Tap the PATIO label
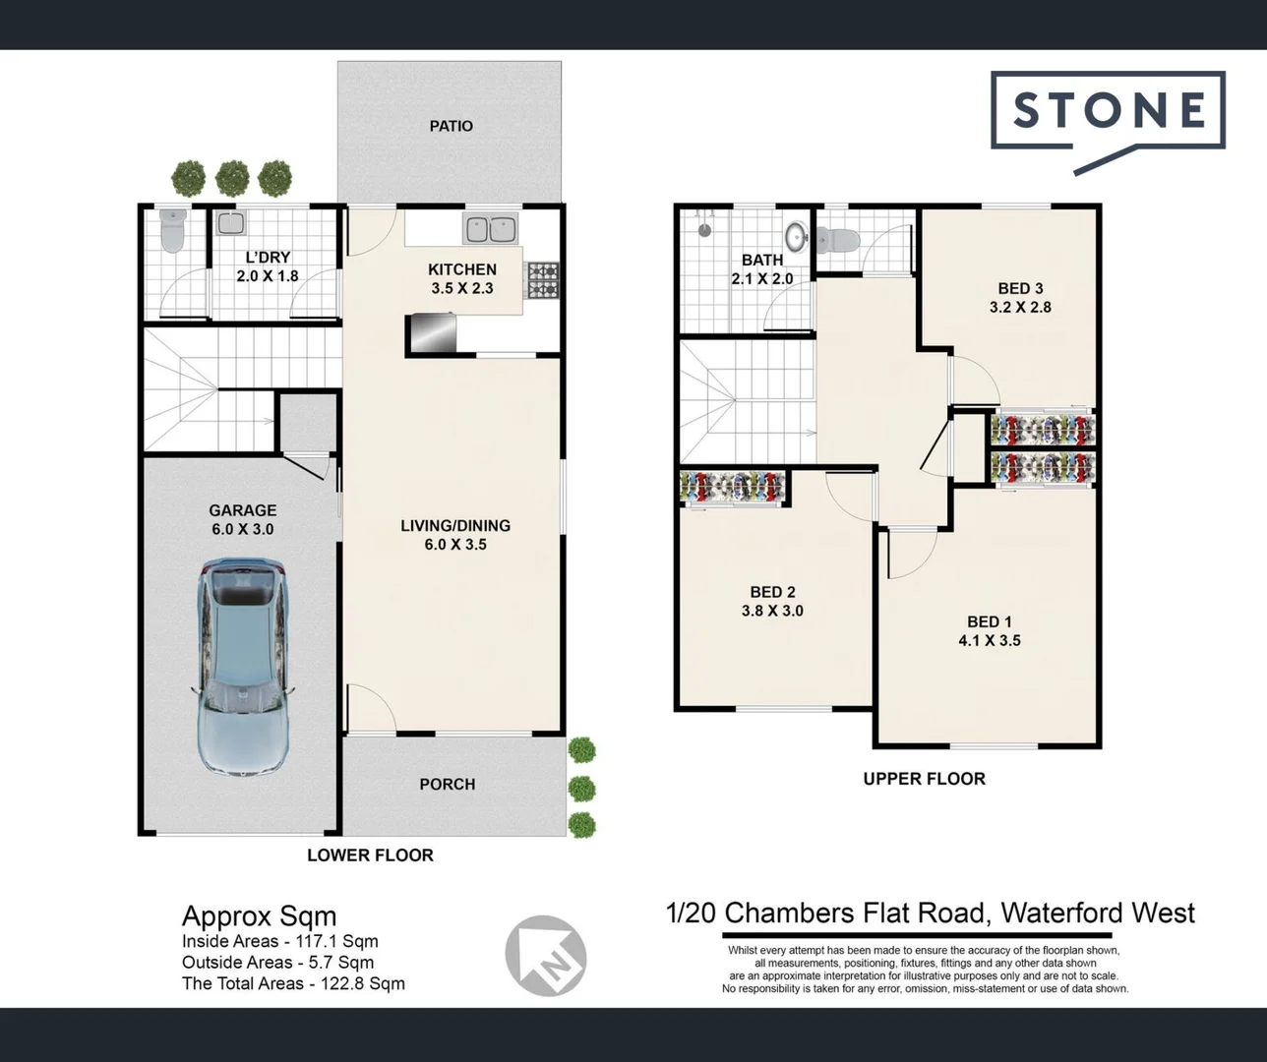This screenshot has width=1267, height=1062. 451,126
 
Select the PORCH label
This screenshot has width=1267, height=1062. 447,784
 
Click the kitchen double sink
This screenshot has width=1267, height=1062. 490,229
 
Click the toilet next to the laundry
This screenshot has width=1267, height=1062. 172,230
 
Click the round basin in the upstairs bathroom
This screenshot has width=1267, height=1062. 796,236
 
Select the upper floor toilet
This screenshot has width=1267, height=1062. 837,239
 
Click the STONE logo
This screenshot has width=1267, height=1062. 1109,110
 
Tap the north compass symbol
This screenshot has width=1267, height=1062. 545,955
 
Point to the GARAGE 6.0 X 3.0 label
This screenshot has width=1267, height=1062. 242,519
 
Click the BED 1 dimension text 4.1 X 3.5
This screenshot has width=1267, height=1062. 990,640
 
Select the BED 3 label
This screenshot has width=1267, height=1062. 1020,288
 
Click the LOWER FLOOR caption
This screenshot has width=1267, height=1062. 370,855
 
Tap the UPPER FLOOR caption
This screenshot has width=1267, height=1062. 924,778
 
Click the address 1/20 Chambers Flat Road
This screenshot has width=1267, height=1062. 930,913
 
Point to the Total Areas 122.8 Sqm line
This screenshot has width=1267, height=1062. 293,983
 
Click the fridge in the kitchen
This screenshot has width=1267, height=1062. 431,331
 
